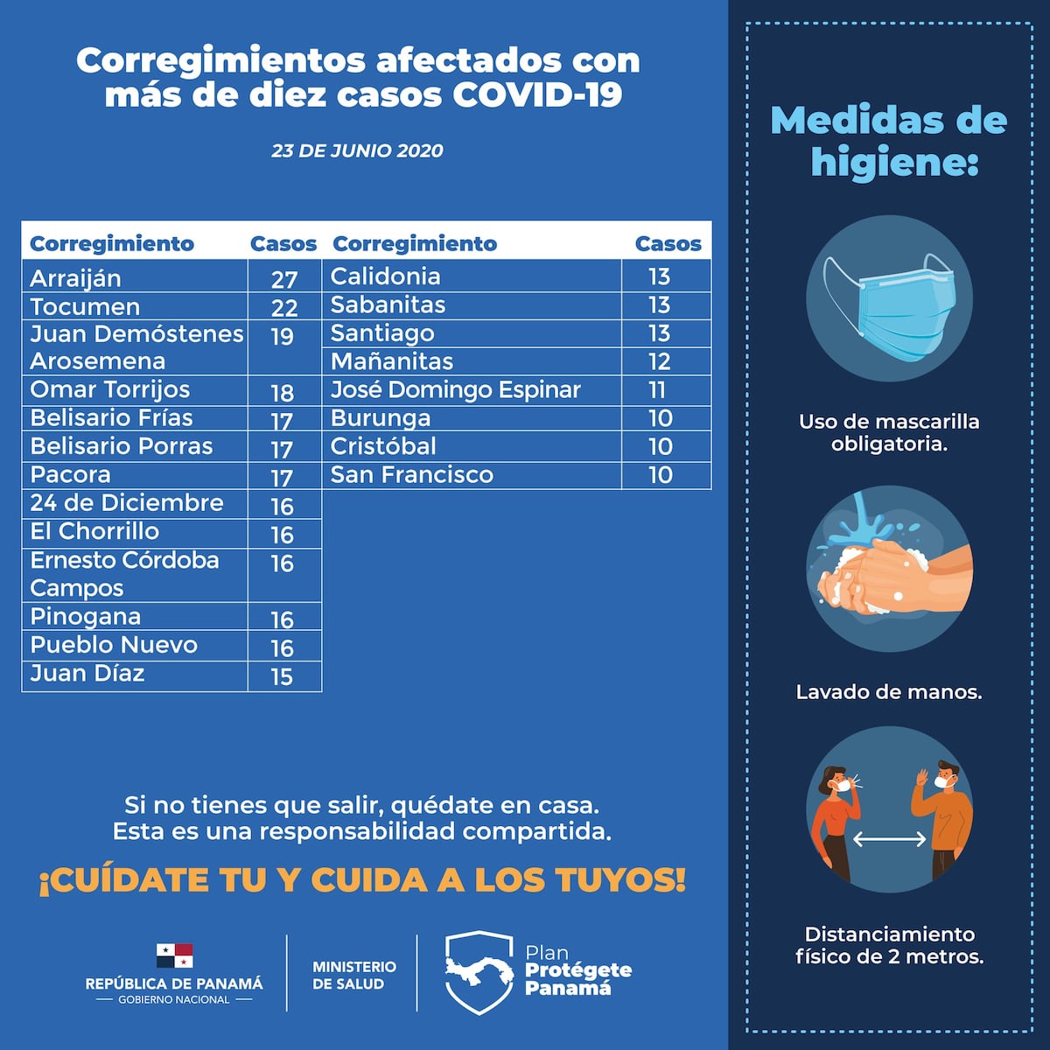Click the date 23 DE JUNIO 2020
357,150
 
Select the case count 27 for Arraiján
284,279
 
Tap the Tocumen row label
85,307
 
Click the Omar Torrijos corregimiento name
109,390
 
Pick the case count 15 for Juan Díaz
282,676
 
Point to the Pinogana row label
85,617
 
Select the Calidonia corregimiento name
385,276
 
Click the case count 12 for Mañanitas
659,361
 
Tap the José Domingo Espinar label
455,390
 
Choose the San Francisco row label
411,475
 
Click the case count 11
657,390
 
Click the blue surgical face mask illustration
897,306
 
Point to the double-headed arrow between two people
889,839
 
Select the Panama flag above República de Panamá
174,955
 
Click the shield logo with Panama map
479,971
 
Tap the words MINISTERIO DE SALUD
353,975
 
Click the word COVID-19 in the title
536,94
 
